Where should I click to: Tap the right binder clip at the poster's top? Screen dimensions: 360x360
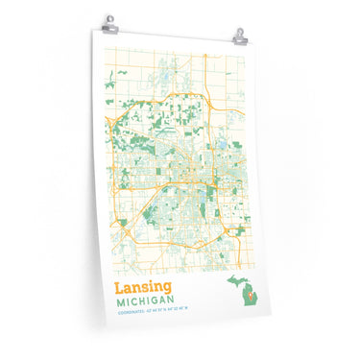point(239,36)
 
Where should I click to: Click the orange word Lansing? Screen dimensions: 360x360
point(144,288)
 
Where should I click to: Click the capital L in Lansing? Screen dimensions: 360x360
point(119,288)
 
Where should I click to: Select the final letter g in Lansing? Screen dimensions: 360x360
point(169,290)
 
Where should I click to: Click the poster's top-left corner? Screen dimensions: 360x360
point(94,28)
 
